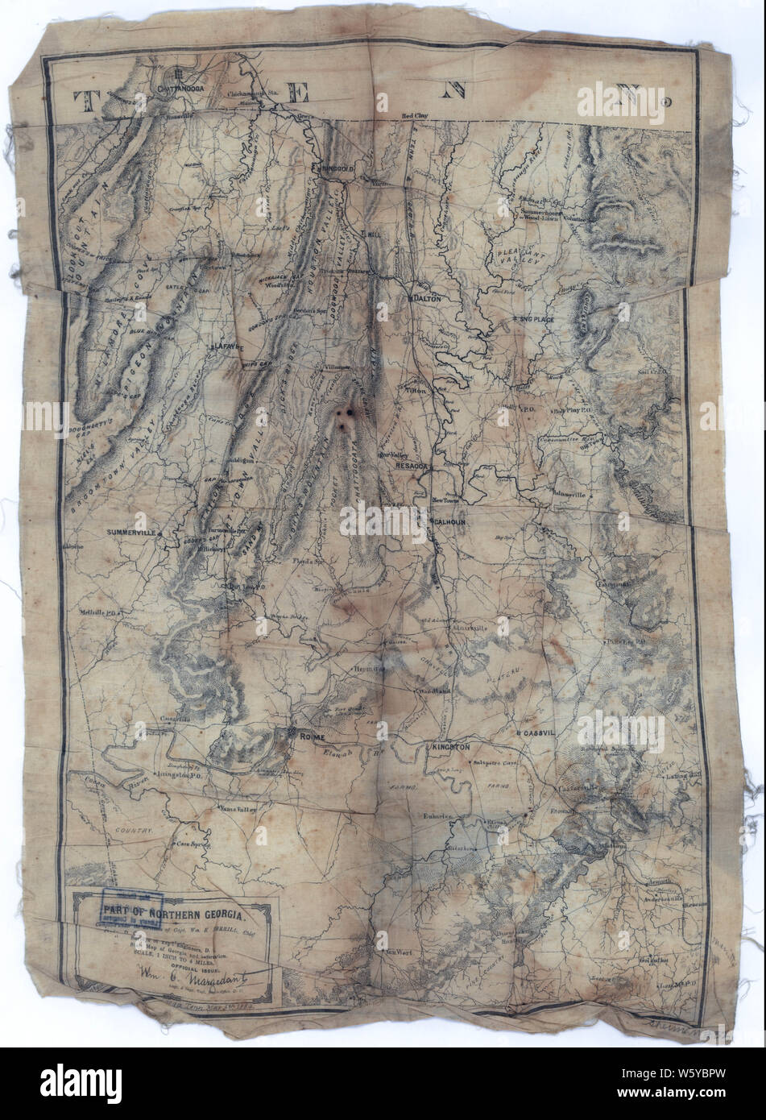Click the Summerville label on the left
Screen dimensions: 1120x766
(x=132, y=533)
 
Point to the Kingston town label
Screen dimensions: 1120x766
(x=450, y=747)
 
